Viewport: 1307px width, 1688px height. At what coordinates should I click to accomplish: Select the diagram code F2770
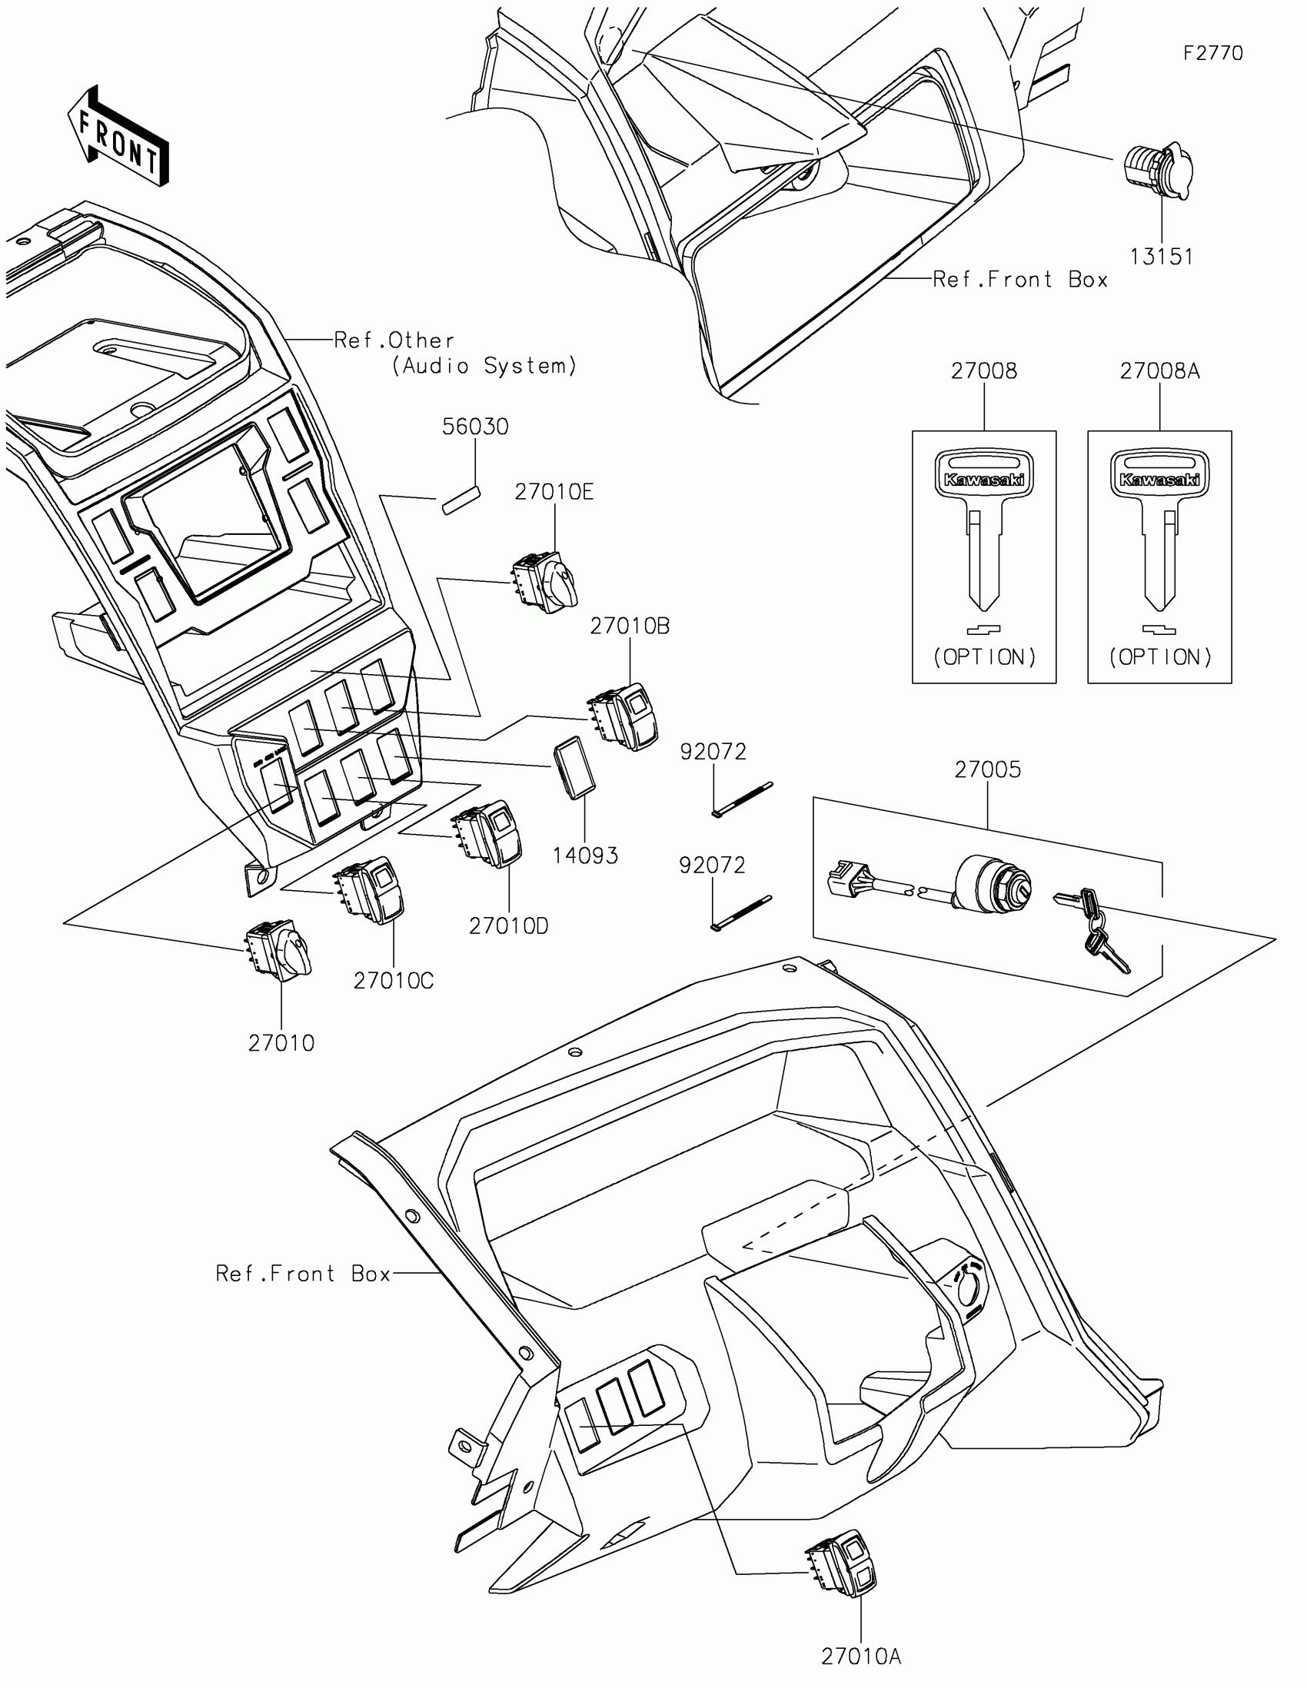tap(1212, 53)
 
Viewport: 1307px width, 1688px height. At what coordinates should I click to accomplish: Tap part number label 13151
tap(1161, 257)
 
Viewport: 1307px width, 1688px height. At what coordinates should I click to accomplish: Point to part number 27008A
tap(1159, 371)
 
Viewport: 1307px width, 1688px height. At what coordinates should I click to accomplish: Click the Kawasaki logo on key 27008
tap(984, 479)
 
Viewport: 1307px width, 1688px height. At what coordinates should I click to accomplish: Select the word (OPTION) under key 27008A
tap(1159, 657)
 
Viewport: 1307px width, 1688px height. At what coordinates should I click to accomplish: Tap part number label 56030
tap(475, 427)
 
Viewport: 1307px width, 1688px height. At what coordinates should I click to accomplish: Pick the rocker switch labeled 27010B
tap(624, 716)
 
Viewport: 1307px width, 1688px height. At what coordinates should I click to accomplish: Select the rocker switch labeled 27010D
tap(489, 834)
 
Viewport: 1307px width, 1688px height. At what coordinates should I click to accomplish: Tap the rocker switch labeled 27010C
tap(370, 890)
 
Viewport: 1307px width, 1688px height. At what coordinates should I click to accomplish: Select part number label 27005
tap(987, 769)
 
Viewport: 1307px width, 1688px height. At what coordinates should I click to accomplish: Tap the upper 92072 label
tap(713, 751)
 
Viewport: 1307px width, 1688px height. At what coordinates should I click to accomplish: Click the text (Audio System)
tap(484, 366)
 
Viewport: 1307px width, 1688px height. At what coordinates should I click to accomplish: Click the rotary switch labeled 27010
tap(278, 951)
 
